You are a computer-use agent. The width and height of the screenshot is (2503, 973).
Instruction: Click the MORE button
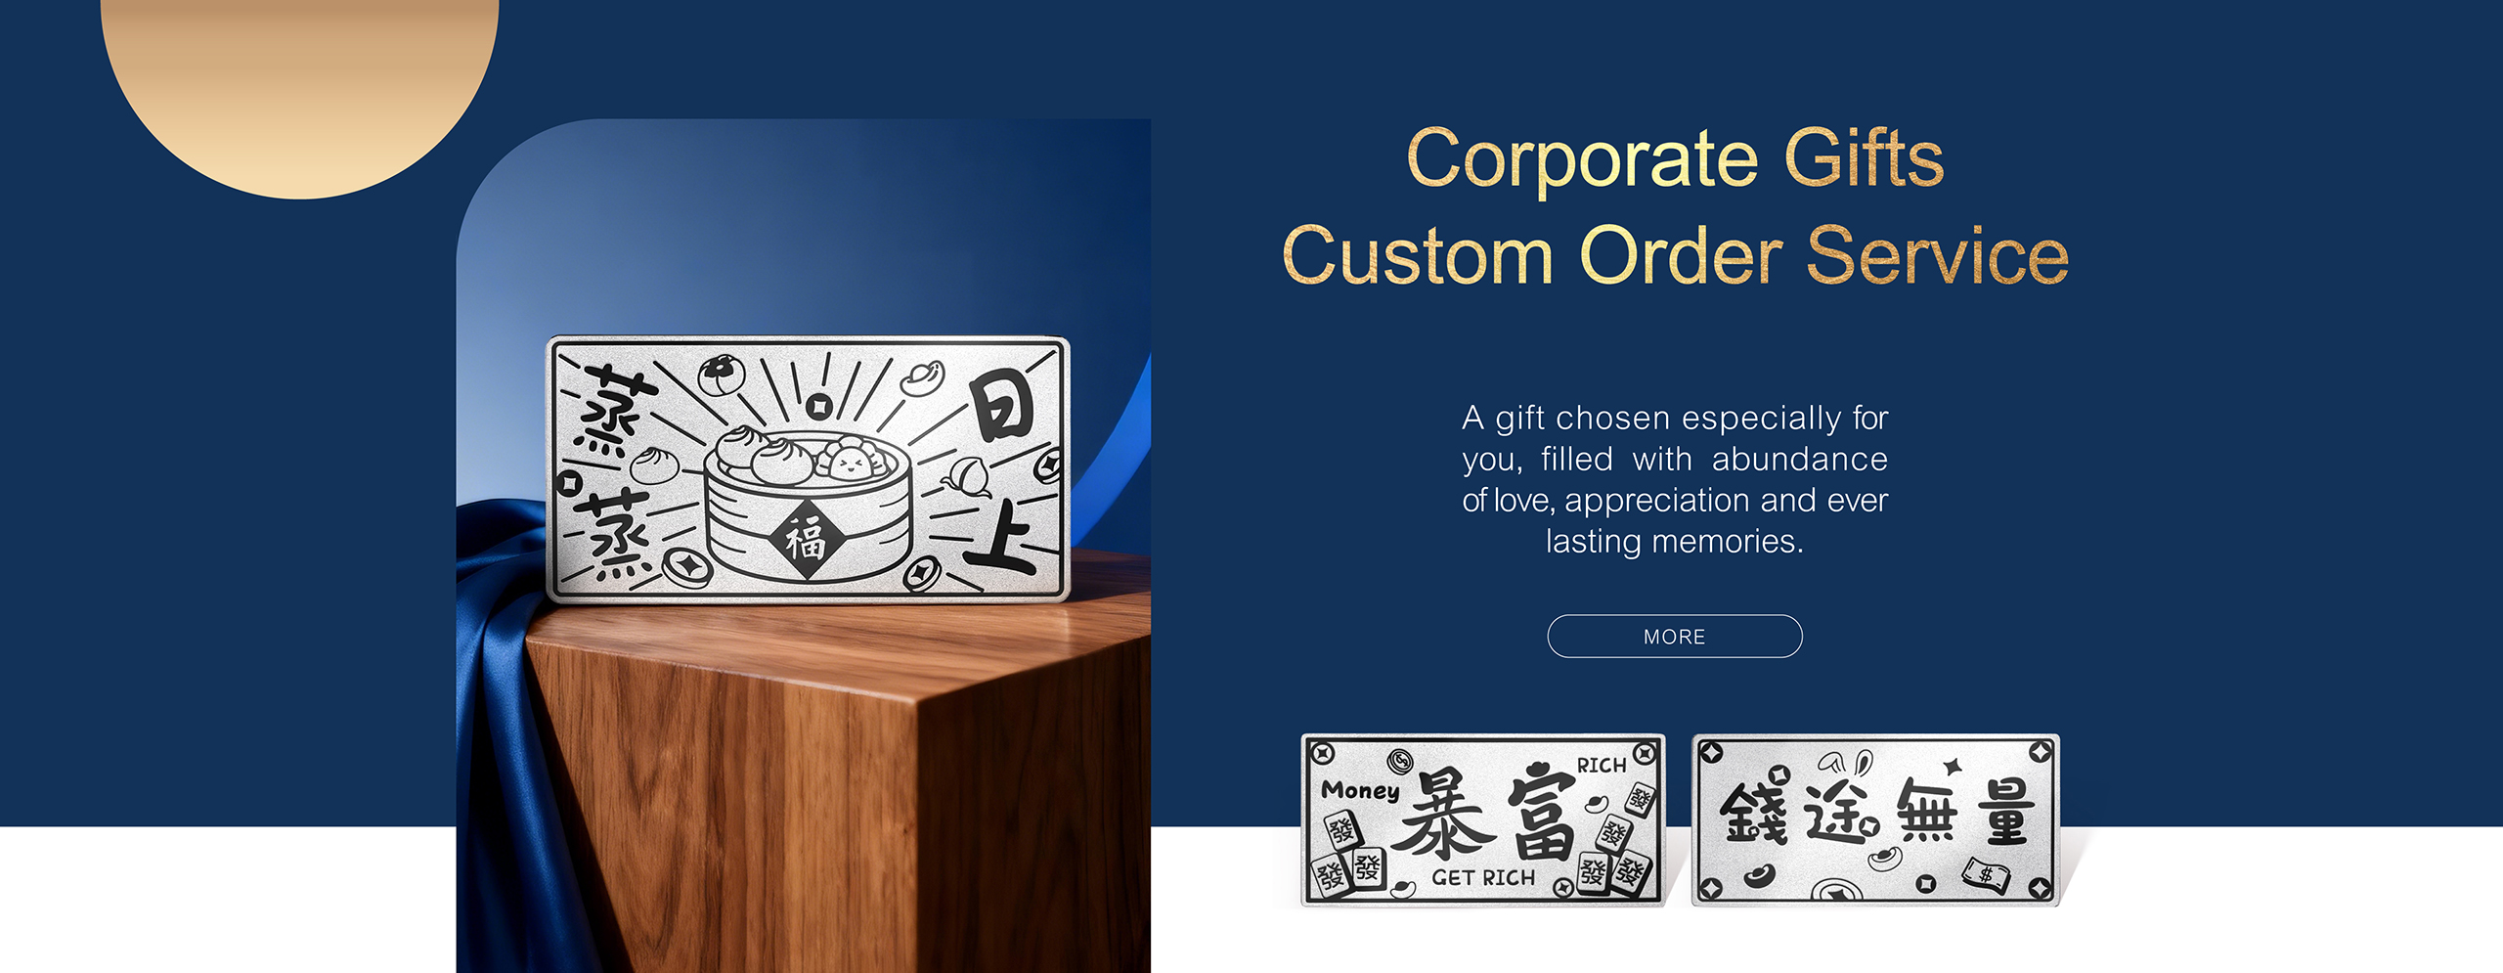(x=1674, y=637)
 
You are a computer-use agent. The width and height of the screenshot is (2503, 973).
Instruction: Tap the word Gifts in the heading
(x=1864, y=158)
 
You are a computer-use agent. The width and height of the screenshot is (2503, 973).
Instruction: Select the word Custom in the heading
(x=1417, y=256)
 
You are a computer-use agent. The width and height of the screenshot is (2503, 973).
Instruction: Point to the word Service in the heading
(x=1937, y=256)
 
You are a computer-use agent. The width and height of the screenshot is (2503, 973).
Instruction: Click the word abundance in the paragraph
(x=1799, y=460)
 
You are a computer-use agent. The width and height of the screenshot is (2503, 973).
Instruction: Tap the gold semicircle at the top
(x=299, y=88)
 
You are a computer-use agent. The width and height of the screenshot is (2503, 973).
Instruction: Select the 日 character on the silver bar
(x=1001, y=408)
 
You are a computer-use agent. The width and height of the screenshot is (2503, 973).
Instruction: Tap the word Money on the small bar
(x=1360, y=790)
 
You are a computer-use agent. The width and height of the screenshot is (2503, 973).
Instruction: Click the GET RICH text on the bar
(x=1483, y=878)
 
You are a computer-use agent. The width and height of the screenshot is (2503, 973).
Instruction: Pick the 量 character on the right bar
(x=2003, y=812)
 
